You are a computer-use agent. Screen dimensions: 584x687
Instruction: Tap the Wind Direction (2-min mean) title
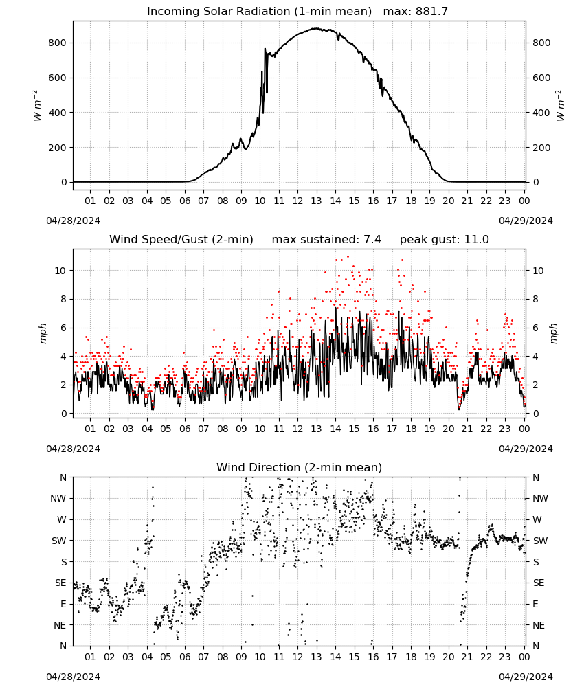[300, 467]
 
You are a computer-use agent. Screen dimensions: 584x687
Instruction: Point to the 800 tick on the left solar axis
[58, 43]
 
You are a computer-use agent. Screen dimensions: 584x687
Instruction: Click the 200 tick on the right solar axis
[541, 148]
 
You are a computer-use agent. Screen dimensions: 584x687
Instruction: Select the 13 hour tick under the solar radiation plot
[316, 201]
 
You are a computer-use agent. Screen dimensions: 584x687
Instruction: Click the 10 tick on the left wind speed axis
[60, 271]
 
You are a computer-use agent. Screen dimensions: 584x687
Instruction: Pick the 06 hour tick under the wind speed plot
[185, 429]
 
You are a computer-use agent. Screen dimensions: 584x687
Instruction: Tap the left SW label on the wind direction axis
[58, 541]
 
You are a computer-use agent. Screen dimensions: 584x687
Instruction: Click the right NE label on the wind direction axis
[539, 625]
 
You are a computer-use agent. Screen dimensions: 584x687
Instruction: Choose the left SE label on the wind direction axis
[60, 583]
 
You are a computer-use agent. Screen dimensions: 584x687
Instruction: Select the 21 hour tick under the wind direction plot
[467, 657]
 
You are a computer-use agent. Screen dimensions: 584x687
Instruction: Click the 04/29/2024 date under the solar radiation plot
[526, 221]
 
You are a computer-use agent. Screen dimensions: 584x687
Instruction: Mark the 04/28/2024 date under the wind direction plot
[73, 677]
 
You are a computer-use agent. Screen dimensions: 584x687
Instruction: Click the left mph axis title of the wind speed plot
[43, 333]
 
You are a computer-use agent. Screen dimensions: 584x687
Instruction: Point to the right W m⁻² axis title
[561, 106]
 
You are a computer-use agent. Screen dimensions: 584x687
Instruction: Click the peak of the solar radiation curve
[315, 28]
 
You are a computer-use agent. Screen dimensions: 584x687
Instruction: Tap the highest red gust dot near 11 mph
[348, 257]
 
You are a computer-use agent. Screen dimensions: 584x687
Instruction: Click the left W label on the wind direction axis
[62, 519]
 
